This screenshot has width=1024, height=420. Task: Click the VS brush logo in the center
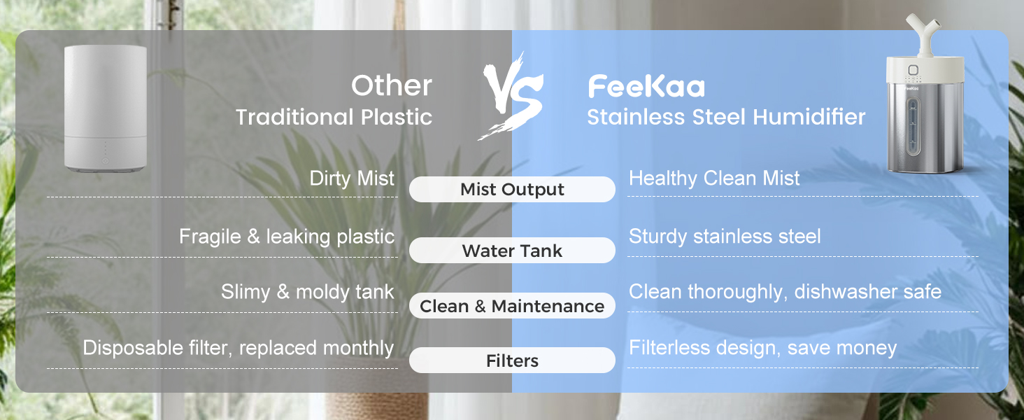tap(512, 98)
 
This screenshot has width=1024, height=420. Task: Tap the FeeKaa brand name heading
tap(646, 87)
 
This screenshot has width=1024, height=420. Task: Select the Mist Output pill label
tap(512, 190)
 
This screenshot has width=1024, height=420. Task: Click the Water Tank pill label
tap(512, 251)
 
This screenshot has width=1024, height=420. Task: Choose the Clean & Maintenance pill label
tap(512, 307)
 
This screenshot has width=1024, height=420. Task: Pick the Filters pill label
tap(512, 361)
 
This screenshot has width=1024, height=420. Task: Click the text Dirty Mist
tap(352, 178)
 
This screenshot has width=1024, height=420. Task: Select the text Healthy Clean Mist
tap(714, 178)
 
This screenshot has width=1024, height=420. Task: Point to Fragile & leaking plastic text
tap(287, 237)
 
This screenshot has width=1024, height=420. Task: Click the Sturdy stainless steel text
tap(725, 237)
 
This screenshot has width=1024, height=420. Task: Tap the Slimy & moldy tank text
tap(308, 292)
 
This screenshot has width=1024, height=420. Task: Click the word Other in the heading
tap(392, 86)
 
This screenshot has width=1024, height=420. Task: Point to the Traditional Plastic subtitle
tap(334, 117)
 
